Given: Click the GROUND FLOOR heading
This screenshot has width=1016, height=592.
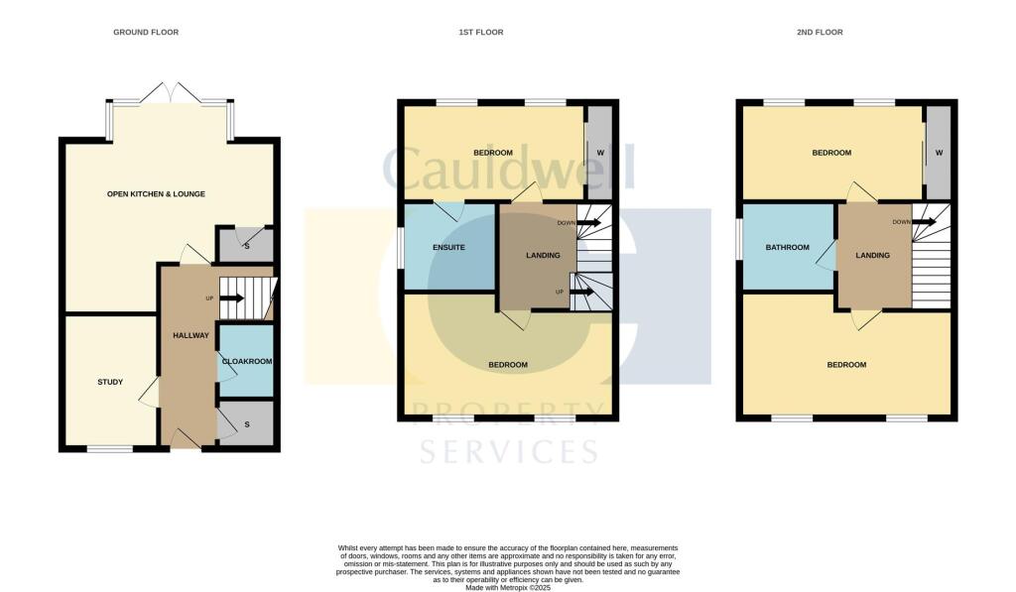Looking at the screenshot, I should click(x=146, y=33).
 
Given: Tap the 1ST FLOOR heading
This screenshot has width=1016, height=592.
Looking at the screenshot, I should click(x=480, y=33).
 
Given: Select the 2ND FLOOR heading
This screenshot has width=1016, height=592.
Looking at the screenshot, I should click(x=820, y=33).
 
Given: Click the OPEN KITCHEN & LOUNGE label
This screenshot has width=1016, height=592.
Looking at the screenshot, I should click(x=156, y=193).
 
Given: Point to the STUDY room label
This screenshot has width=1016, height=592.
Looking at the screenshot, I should click(x=110, y=382).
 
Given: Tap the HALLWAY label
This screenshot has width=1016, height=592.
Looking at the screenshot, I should click(x=191, y=335).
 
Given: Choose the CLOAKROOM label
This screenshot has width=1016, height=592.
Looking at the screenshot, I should click(x=247, y=362).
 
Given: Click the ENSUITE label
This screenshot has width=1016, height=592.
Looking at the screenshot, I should click(x=448, y=247).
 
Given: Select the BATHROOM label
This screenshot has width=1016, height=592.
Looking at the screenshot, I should click(x=787, y=247).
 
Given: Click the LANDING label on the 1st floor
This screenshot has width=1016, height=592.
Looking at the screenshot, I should click(x=542, y=256).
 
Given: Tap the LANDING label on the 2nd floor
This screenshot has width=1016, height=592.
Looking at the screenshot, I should click(x=872, y=256).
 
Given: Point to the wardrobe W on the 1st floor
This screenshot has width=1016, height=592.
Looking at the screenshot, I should click(x=601, y=153).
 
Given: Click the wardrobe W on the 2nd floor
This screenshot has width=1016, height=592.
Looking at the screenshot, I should click(x=939, y=153).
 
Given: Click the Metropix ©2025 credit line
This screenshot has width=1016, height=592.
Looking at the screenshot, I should click(x=507, y=586).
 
